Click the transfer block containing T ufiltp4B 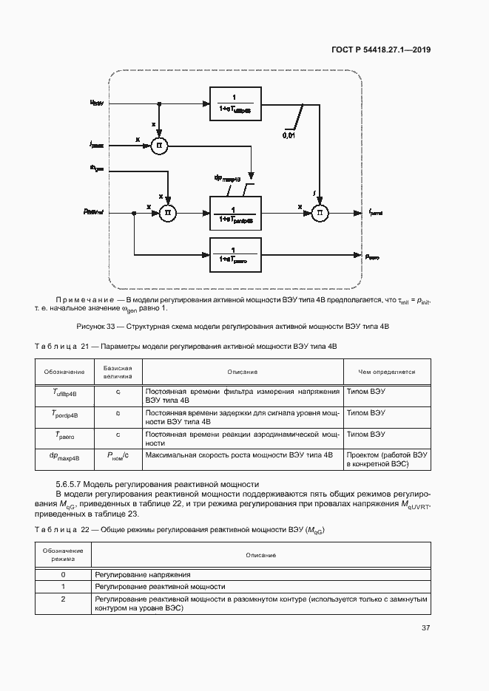[x=236, y=104]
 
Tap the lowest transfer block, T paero [x=236, y=256]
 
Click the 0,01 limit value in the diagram [x=291, y=135]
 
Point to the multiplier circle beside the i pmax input [x=158, y=146]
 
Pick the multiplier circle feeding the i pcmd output [x=320, y=213]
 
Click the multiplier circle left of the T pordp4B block [x=169, y=213]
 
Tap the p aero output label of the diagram [x=372, y=256]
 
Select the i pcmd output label [x=377, y=214]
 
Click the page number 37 [x=425, y=628]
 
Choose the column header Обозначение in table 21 [x=64, y=372]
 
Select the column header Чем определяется [x=386, y=372]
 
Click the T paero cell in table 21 [x=64, y=436]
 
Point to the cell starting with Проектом [x=386, y=460]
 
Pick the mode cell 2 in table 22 [x=63, y=599]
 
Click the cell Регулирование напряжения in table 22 [x=143, y=574]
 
